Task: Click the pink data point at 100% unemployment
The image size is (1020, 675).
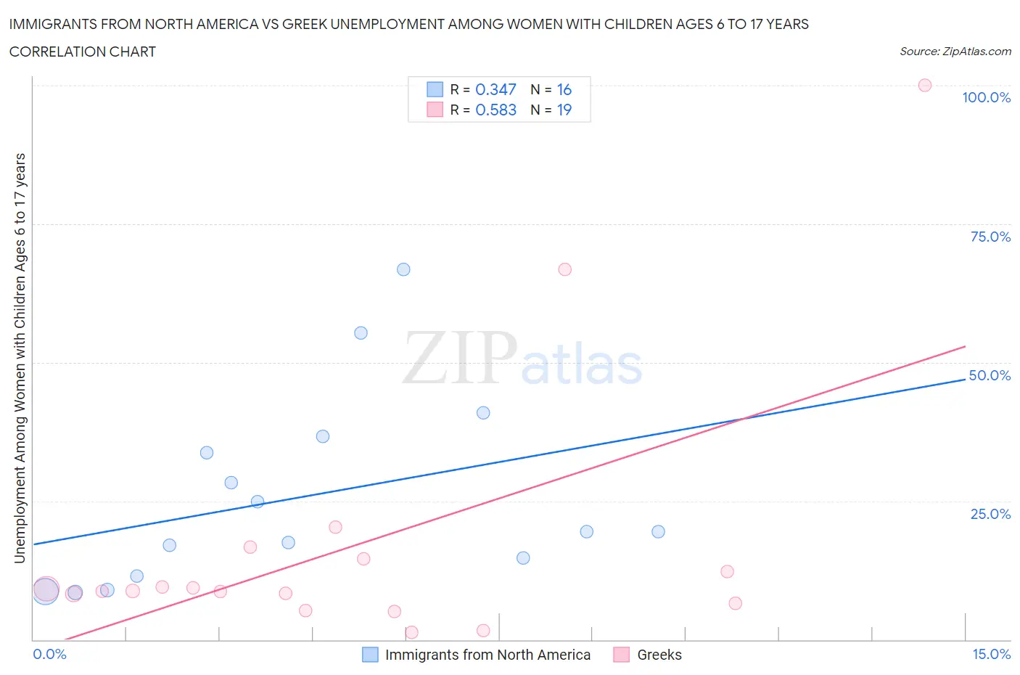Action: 924,86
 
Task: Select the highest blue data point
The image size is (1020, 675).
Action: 403,269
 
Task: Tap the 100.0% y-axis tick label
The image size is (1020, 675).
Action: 986,97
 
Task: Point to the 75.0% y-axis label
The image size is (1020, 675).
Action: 990,237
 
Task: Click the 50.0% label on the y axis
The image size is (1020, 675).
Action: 990,375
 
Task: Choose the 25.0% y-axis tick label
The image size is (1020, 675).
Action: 990,514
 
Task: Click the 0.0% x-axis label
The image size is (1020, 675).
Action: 49,654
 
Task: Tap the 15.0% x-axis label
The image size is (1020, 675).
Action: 991,654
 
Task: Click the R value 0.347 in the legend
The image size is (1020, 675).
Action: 495,89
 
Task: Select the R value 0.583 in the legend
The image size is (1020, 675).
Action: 495,110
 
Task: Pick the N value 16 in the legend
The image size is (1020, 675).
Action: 564,89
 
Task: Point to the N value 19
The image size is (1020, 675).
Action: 564,110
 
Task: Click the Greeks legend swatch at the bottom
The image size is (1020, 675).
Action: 621,655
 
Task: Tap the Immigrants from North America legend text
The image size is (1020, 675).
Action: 488,655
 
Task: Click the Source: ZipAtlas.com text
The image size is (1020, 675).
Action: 955,52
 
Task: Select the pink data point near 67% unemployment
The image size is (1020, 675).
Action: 564,269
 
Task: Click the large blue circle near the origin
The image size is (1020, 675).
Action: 45,591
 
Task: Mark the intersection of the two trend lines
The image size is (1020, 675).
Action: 741,419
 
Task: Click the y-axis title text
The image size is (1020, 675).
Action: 20,358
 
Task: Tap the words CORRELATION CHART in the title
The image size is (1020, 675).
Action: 83,52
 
